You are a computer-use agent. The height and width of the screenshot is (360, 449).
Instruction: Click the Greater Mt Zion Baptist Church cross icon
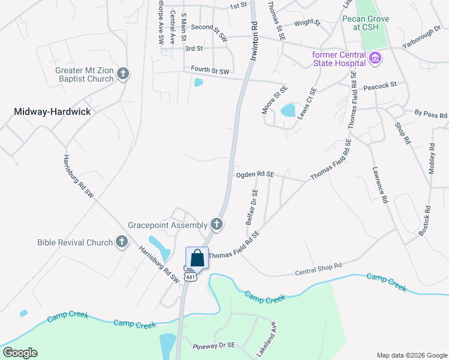point(123,74)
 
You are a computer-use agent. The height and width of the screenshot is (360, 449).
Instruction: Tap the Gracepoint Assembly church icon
point(217,225)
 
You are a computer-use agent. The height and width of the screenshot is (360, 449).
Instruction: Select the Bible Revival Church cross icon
point(122,242)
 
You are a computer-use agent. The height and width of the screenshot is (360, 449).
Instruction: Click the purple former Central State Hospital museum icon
point(375,58)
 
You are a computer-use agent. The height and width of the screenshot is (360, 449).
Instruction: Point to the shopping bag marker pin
point(197,259)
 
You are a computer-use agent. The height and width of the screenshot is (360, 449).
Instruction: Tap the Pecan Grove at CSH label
point(366,23)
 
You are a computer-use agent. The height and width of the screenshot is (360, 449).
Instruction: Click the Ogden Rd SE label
point(255,175)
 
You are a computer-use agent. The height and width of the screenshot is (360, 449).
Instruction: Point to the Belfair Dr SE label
point(252,207)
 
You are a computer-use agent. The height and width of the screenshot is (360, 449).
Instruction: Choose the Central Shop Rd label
point(318,269)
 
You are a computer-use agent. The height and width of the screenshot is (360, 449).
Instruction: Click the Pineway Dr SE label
point(217,347)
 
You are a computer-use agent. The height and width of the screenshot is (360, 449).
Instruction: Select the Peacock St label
point(380,86)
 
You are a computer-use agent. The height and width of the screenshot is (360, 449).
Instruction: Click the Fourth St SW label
point(210,71)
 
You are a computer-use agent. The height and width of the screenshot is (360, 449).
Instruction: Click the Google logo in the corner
point(20,353)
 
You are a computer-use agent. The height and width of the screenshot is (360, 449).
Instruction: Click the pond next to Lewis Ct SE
point(288,110)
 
